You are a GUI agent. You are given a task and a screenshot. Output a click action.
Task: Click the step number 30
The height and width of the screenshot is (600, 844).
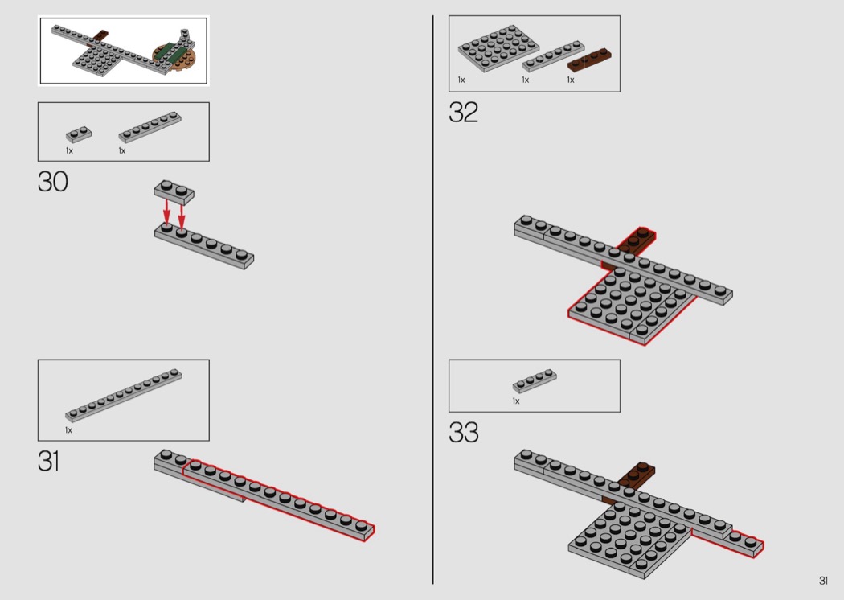(53, 182)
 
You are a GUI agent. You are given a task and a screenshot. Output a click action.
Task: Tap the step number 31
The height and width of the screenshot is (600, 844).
(48, 462)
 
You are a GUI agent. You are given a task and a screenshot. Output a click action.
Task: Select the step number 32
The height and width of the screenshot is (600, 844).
(463, 113)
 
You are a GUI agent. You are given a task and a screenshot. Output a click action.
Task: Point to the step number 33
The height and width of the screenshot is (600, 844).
(464, 433)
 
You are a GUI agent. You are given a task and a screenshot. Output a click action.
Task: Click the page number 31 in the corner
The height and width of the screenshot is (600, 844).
(824, 581)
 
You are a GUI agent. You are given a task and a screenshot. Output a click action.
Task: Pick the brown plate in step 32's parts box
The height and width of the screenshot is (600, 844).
(589, 60)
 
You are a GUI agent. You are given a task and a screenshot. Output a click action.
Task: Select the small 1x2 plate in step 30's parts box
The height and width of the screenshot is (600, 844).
(79, 134)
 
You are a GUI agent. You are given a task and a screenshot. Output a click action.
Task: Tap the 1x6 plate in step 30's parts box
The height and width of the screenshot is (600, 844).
(150, 127)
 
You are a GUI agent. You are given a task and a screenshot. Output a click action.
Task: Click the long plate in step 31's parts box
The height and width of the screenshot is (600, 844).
(123, 395)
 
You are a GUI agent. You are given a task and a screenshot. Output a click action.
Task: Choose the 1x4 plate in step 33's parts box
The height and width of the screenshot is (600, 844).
(535, 380)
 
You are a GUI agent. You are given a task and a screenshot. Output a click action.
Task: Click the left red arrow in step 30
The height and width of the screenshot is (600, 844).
(167, 212)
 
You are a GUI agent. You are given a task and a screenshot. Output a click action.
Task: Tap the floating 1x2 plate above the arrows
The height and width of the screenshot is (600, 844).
(174, 191)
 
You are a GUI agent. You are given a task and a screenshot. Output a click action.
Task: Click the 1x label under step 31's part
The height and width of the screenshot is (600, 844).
(68, 430)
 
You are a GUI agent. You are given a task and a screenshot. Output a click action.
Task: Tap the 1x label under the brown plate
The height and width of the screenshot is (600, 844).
(571, 80)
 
